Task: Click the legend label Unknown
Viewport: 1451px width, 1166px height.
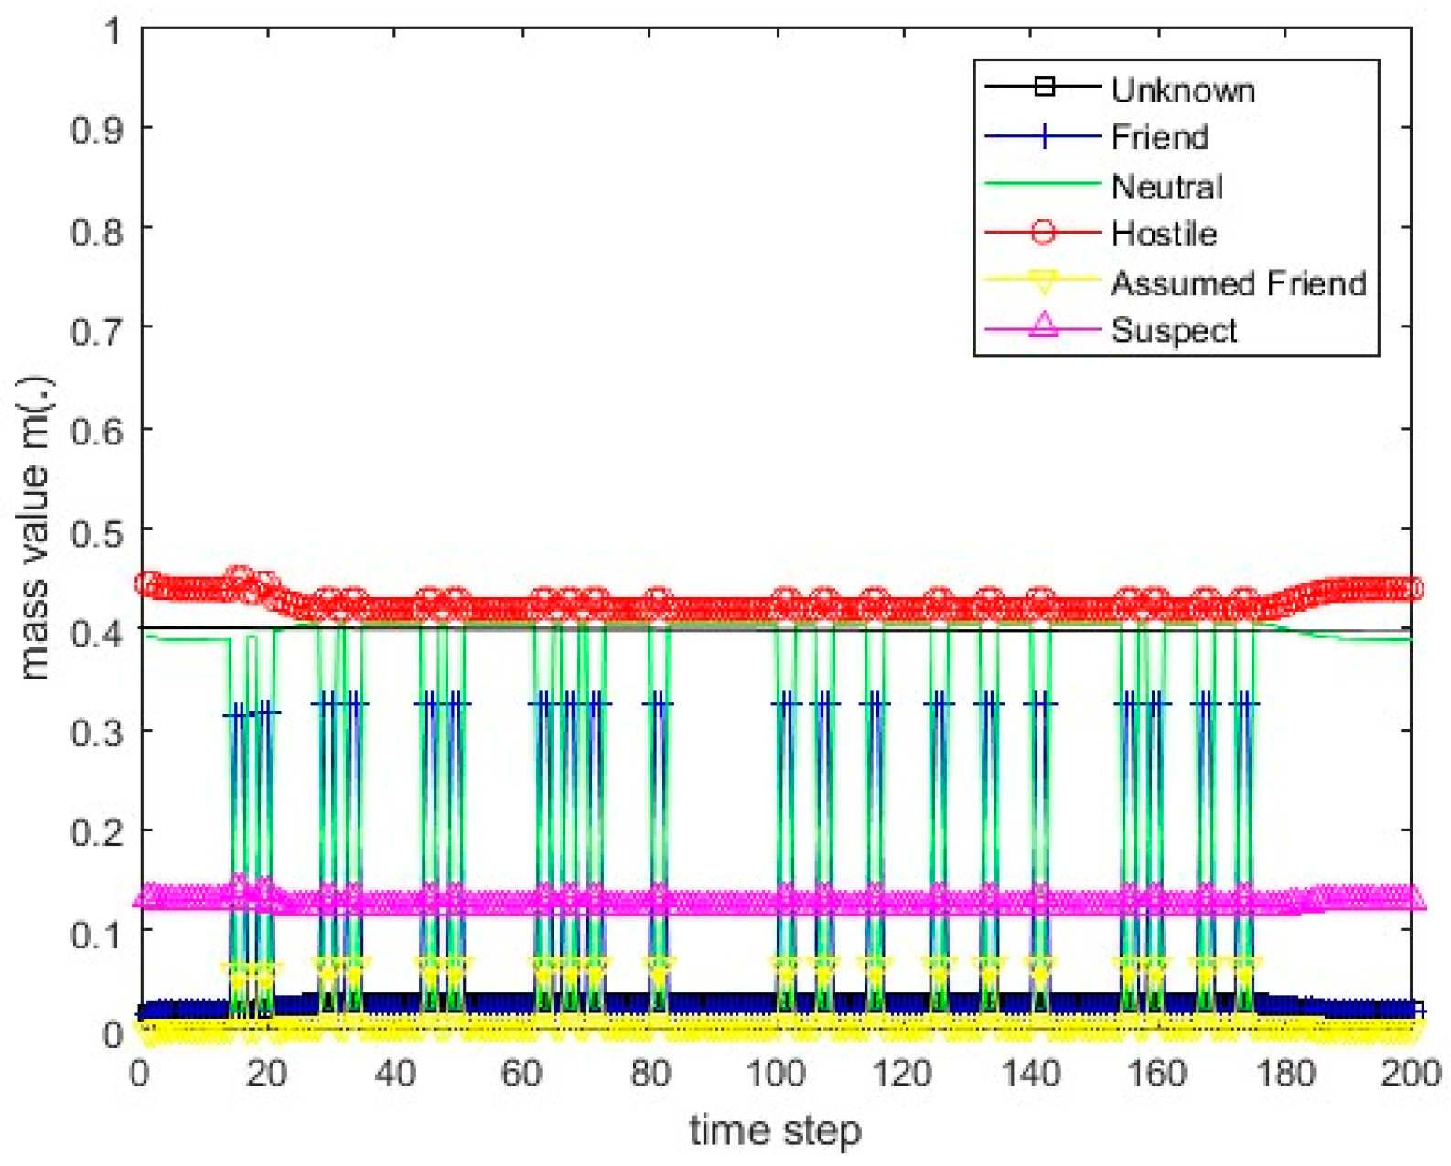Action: (1182, 90)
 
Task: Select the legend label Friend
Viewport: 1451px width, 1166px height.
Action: (1159, 137)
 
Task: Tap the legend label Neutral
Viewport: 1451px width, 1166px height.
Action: (1166, 187)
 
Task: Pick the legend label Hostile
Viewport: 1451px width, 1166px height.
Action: (1164, 234)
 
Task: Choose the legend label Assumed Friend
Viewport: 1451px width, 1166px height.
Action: (1238, 283)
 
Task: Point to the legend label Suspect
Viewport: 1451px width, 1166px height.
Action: (1174, 330)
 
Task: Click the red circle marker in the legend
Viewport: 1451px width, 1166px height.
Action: (1043, 233)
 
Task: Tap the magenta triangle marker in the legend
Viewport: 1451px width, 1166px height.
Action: (1043, 326)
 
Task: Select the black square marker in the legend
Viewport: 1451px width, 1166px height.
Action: (1043, 87)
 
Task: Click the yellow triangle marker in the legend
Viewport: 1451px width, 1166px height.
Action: (1043, 281)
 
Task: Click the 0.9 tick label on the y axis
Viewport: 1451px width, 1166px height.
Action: (97, 129)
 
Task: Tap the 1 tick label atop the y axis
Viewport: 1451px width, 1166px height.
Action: (113, 32)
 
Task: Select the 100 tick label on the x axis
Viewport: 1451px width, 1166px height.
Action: (776, 1072)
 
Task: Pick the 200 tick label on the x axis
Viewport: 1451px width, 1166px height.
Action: (1410, 1072)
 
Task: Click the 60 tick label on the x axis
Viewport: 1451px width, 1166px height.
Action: (521, 1072)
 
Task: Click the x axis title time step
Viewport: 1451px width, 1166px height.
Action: (775, 1131)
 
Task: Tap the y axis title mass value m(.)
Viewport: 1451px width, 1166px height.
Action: (34, 528)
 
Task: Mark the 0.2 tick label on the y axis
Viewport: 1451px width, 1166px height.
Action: (97, 832)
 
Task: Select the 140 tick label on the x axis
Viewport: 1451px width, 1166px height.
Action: (1030, 1072)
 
